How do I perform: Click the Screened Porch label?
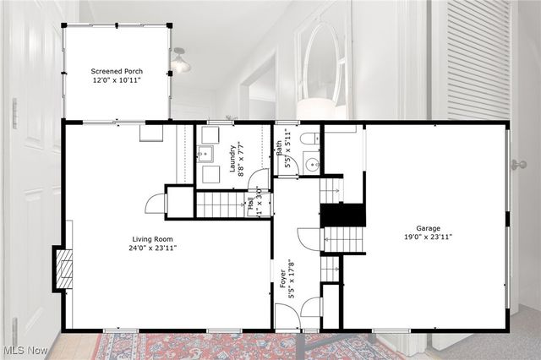[116, 71]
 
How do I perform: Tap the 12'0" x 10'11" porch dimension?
[116, 80]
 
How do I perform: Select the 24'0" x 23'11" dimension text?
[152, 248]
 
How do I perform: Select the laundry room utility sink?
[206, 154]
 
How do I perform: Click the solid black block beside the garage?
[343, 215]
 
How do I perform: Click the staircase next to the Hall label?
[221, 205]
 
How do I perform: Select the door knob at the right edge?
[518, 165]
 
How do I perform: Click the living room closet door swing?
[156, 204]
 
